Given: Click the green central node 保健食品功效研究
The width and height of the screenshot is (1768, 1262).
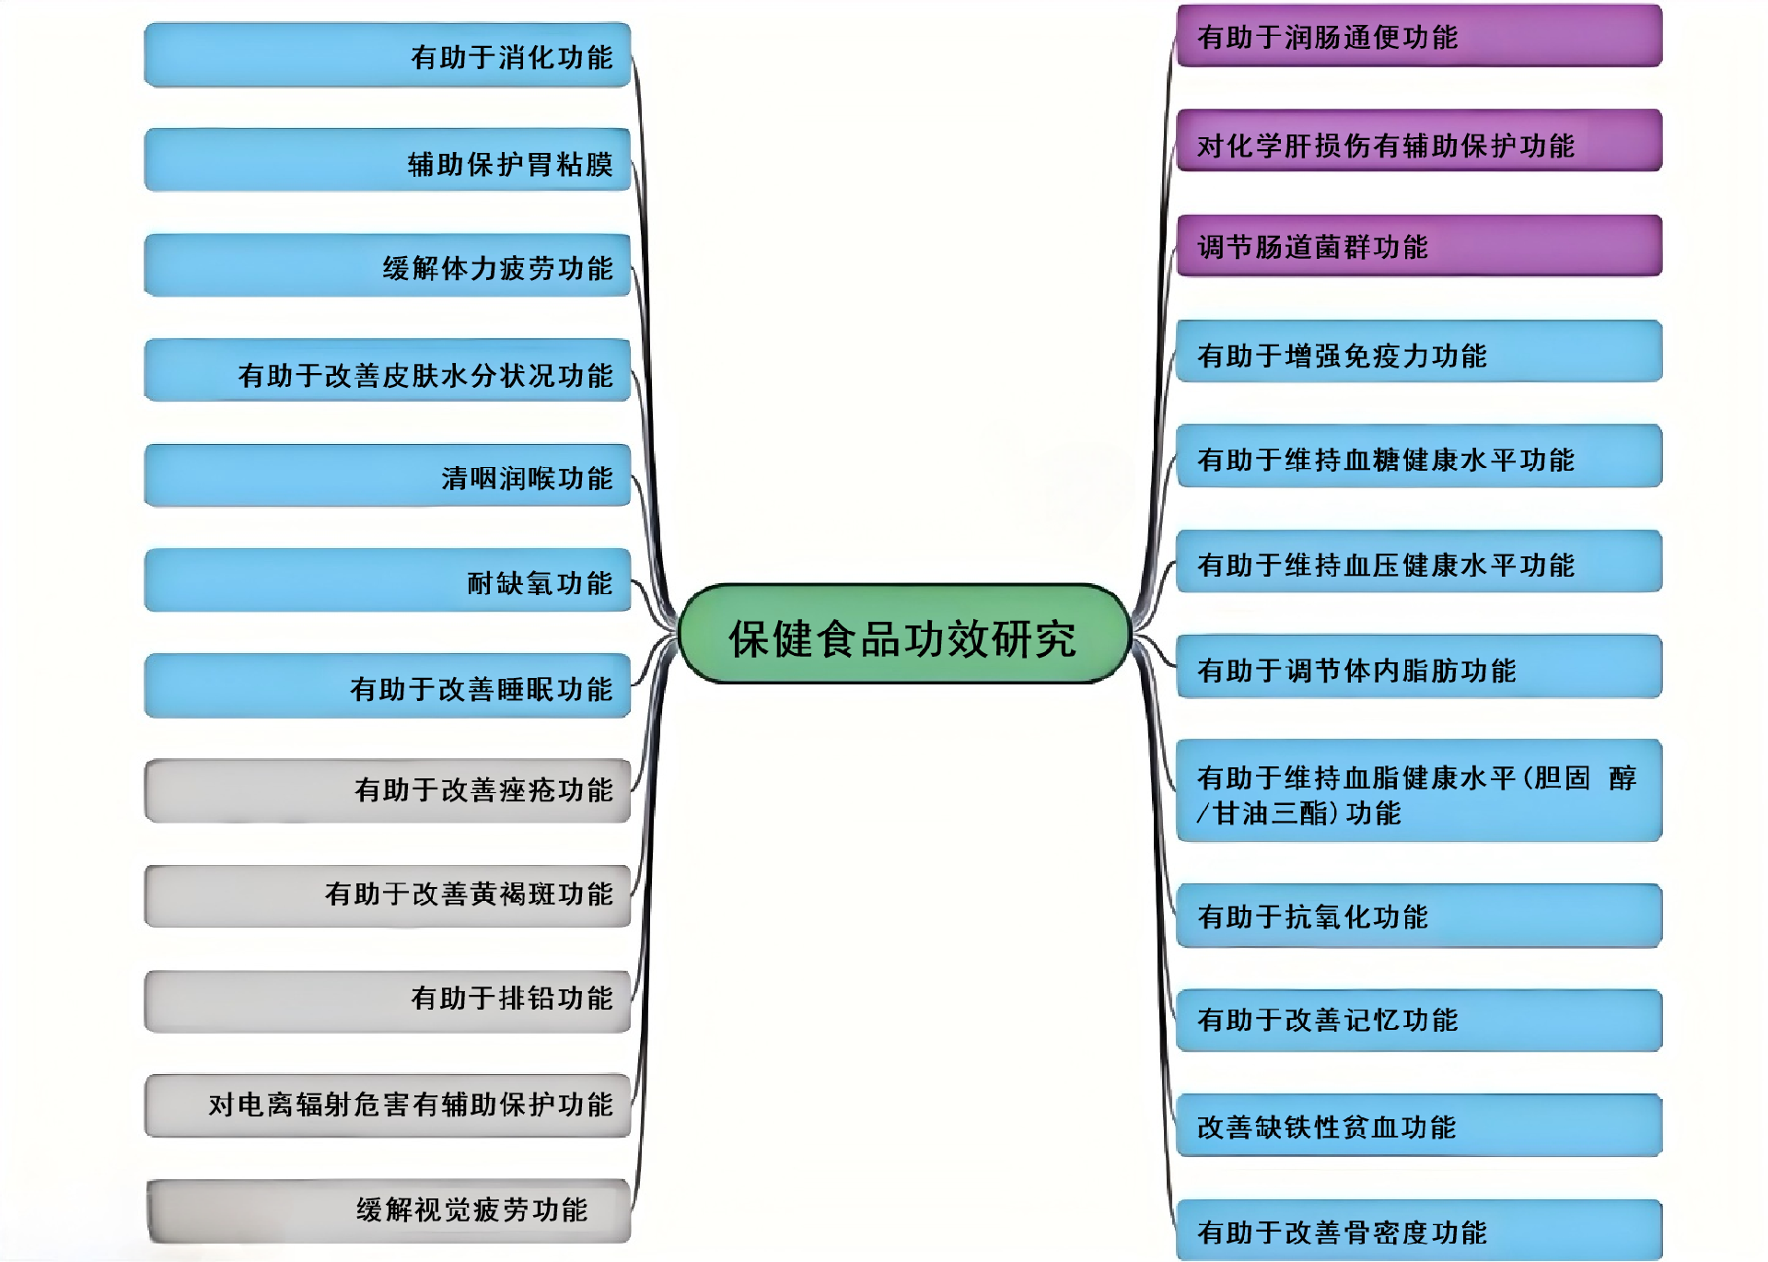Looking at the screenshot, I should (x=903, y=635).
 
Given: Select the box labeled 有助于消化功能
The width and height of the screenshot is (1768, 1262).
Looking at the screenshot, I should (x=388, y=55).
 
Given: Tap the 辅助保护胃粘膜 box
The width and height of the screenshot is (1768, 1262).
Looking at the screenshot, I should (x=388, y=160).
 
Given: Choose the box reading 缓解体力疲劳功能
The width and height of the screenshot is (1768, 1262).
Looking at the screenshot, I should (x=388, y=266).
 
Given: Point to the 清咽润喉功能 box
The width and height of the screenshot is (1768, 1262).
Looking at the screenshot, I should (x=388, y=476).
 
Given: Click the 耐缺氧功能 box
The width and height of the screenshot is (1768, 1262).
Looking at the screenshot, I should (x=388, y=580).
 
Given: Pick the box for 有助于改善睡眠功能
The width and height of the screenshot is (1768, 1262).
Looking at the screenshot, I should (x=388, y=686).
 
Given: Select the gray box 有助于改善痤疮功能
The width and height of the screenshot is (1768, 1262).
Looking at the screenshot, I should (x=388, y=790).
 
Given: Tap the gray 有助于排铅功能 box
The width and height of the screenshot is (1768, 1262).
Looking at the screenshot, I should (x=388, y=1000).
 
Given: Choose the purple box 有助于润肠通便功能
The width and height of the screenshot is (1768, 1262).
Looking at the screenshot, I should (x=1419, y=36).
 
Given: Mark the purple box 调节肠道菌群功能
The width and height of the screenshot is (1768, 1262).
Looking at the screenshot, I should (x=1419, y=246).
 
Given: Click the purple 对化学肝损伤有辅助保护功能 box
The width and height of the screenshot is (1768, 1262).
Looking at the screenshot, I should (x=1419, y=141).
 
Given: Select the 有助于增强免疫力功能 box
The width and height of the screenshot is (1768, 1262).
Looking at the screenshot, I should (x=1419, y=352).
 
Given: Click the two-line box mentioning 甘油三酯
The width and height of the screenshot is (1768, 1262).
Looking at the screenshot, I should (x=1419, y=791).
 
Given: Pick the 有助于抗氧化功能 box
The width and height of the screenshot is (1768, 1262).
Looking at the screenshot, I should (x=1419, y=916).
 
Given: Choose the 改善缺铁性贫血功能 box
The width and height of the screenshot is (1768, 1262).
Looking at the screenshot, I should (x=1419, y=1126).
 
